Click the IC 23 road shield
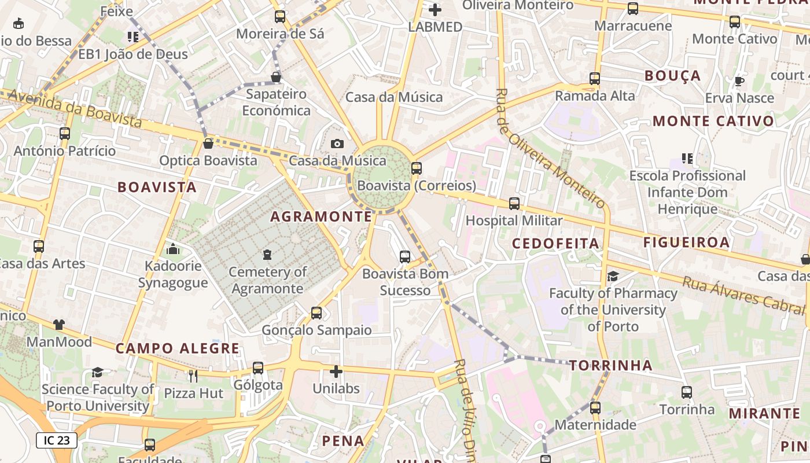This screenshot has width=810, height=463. tap(57, 440)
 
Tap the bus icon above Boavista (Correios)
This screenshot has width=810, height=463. tap(417, 168)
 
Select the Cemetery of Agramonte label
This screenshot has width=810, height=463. tap(267, 280)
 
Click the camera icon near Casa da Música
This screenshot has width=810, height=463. tap(337, 144)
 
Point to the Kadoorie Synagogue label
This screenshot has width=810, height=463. tap(173, 274)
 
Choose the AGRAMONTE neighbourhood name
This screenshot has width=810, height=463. tap(321, 216)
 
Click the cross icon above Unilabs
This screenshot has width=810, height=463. tap(336, 372)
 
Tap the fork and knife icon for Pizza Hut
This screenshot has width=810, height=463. tap(193, 376)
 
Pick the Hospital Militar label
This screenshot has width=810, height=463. tap(514, 221)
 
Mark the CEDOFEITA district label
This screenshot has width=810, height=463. tap(555, 244)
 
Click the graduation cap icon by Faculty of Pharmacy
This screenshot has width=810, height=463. tap(613, 276)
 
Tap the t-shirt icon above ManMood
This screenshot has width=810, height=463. tap(59, 324)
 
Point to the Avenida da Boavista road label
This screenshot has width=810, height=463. tap(72, 108)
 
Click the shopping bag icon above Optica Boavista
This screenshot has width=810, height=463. tap(208, 143)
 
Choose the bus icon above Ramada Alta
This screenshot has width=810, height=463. tap(595, 79)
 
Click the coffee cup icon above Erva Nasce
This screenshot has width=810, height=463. tap(739, 81)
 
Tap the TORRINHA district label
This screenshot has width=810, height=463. tap(610, 366)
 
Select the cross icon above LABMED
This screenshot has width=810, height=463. tap(435, 10)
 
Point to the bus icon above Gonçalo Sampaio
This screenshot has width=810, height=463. tap(316, 313)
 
